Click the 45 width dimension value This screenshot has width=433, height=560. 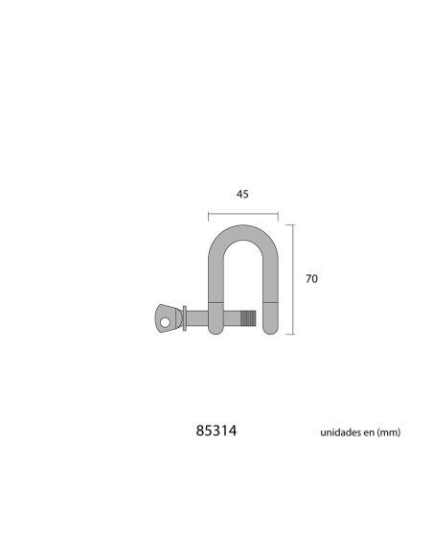pyautogui.click(x=242, y=194)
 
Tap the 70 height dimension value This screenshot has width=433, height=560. pyautogui.click(x=310, y=279)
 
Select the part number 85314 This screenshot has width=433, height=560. pyautogui.click(x=216, y=432)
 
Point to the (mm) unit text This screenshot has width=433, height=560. pyautogui.click(x=388, y=432)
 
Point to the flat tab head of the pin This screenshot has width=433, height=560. pyautogui.click(x=167, y=318)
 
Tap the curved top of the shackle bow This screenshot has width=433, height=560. pyautogui.click(x=242, y=231)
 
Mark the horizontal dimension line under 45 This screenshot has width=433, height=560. pyautogui.click(x=242, y=214)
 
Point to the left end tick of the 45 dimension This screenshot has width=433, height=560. pyautogui.click(x=207, y=214)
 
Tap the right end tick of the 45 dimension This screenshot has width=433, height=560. pyautogui.click(x=278, y=214)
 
